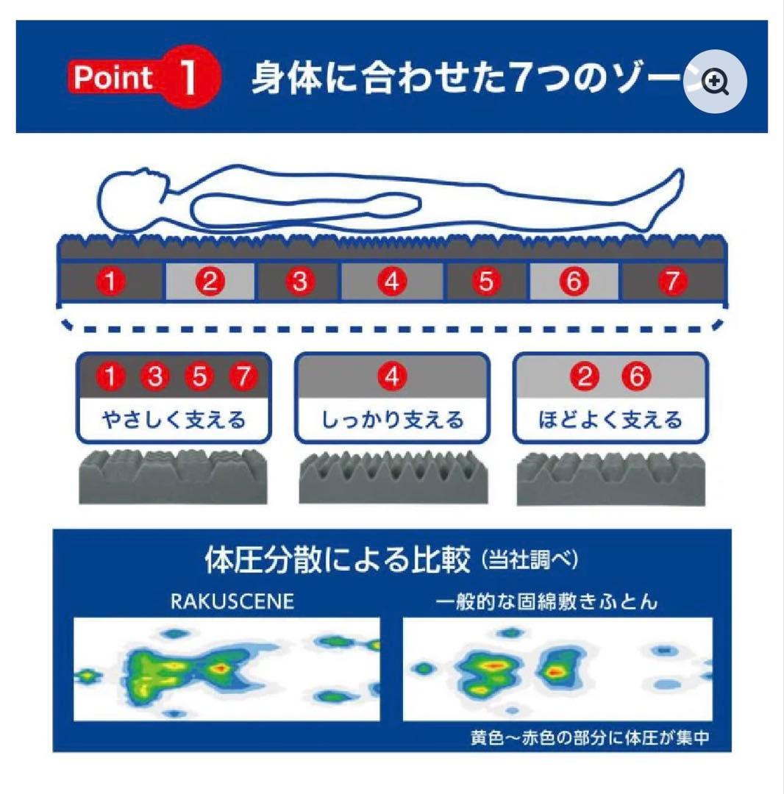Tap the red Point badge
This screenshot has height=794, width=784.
(x=114, y=77)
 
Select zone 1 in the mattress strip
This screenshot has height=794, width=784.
(x=110, y=282)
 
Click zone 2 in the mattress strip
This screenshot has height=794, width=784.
(x=210, y=282)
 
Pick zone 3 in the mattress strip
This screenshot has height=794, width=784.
(x=299, y=282)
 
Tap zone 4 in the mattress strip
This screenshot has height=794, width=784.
(x=392, y=282)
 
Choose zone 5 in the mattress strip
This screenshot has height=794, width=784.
(x=485, y=282)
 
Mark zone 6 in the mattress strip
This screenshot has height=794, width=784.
(x=574, y=282)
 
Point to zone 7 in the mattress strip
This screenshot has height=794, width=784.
(x=673, y=282)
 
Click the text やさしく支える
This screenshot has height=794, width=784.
(x=174, y=421)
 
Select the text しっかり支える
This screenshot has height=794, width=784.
(x=392, y=421)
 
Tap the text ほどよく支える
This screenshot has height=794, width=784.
(x=610, y=421)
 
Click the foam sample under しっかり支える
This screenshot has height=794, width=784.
(x=392, y=479)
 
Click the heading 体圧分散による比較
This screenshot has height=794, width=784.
(x=336, y=561)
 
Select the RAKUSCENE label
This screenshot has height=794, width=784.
(x=232, y=601)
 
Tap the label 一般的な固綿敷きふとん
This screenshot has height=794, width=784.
(x=546, y=601)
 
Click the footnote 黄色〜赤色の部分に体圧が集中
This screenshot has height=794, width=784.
(x=590, y=737)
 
